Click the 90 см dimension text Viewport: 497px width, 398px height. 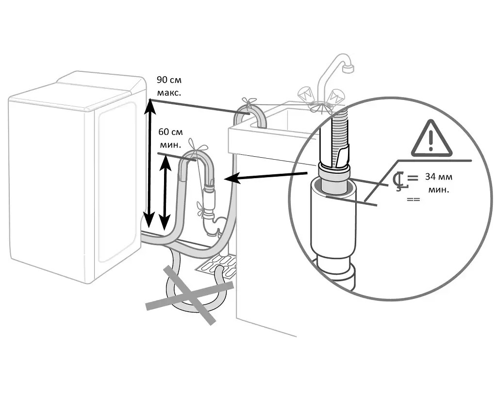tap(169, 80)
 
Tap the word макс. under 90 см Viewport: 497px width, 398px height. tap(169, 93)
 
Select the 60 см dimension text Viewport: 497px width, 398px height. tap(170, 132)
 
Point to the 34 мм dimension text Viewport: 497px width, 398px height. tap(439, 177)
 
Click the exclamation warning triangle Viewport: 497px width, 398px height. tap(431, 139)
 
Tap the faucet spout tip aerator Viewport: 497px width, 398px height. tap(348, 68)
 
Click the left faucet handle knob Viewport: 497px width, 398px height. tap(306, 93)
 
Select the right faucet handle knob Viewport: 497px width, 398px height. tap(336, 96)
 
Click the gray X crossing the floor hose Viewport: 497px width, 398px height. tap(190, 295)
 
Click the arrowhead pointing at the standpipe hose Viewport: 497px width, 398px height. tap(231, 179)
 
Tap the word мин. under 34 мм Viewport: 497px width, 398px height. tap(439, 190)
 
